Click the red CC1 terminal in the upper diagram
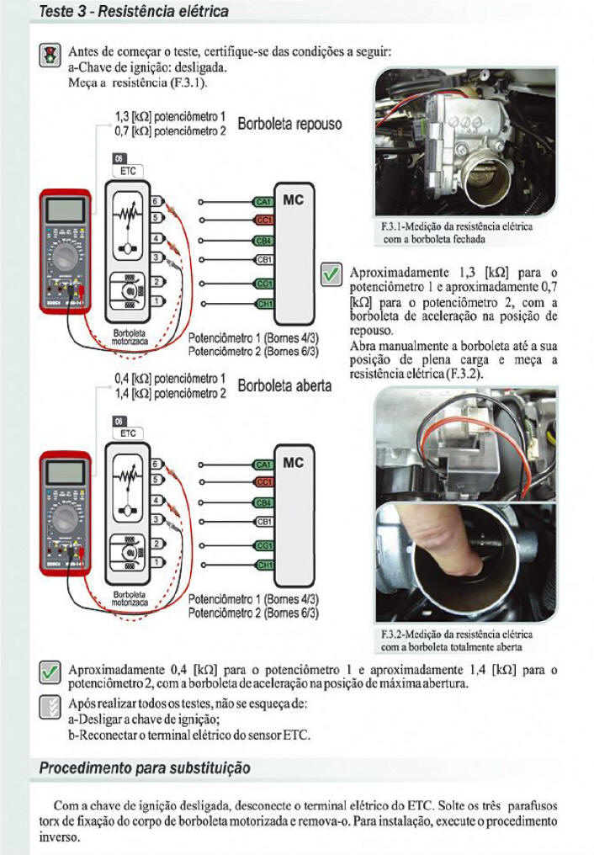263,220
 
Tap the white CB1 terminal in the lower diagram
263,522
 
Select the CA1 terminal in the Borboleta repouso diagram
263,201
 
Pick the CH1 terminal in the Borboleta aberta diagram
263,563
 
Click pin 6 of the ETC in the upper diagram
156,201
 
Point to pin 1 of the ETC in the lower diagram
156,562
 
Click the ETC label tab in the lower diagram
128,433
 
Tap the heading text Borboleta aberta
285,386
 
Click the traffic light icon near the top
50,56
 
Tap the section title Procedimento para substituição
145,768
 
